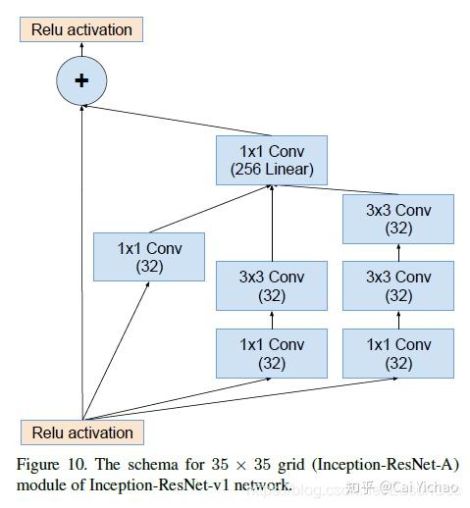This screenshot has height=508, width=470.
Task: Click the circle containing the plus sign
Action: point(81,81)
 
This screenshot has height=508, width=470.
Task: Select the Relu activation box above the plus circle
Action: point(81,29)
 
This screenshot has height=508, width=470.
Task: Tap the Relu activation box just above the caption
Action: point(81,432)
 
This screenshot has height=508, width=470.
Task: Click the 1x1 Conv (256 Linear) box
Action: point(272,160)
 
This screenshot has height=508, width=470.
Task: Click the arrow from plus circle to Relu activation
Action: point(81,50)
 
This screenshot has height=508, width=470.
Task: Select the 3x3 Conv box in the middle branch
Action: point(272,285)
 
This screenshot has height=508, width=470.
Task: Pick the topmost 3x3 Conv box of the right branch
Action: point(398,219)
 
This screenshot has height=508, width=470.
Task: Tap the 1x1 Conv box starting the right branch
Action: point(398,354)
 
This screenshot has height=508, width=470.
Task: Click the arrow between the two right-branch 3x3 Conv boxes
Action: point(398,253)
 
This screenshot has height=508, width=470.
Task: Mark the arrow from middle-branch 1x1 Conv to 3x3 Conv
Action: point(272,320)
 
